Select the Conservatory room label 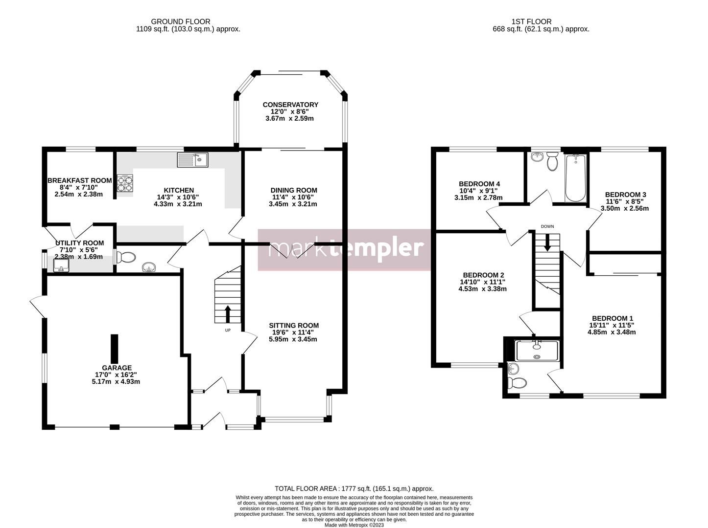[x=290, y=105]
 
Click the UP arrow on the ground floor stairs [x=228, y=314]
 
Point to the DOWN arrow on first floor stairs [x=547, y=242]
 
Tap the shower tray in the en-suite [x=537, y=350]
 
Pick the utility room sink [x=61, y=264]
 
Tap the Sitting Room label [x=293, y=325]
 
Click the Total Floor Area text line [x=354, y=488]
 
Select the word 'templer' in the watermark [x=377, y=248]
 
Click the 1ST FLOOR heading [x=531, y=22]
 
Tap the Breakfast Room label [x=79, y=180]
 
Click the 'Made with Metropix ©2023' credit [x=354, y=525]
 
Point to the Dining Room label [x=294, y=190]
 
